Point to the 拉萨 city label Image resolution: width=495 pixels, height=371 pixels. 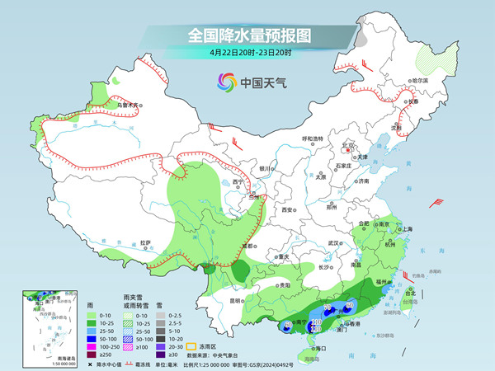click(x=146, y=242)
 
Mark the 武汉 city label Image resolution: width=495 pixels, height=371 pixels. click(x=334, y=243)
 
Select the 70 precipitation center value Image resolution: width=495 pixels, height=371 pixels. click(x=327, y=308)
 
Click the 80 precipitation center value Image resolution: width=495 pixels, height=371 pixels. click(x=350, y=306)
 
